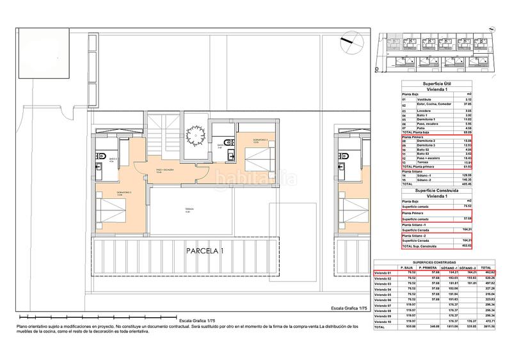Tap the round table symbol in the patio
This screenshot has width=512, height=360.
point(195,135)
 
